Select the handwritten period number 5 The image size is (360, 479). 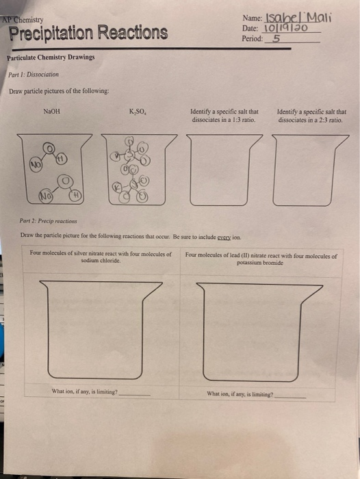click(275, 38)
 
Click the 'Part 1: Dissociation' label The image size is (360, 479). click(34, 74)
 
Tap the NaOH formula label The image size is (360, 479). click(52, 110)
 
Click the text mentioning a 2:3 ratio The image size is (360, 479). click(311, 116)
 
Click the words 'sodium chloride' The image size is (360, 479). click(101, 261)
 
